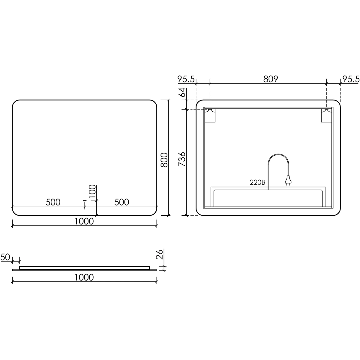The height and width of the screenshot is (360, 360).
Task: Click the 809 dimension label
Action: click(271, 79)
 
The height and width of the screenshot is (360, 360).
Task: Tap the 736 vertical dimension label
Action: click(182, 159)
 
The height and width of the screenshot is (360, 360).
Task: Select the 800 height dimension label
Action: click(164, 160)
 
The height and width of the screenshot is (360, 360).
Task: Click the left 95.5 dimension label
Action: click(186, 79)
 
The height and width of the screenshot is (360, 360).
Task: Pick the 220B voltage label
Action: click(257, 182)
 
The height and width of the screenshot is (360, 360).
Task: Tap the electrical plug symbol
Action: click(287, 181)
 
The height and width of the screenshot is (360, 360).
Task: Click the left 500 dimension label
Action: click(53, 202)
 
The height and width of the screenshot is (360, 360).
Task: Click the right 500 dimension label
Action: click(121, 202)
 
